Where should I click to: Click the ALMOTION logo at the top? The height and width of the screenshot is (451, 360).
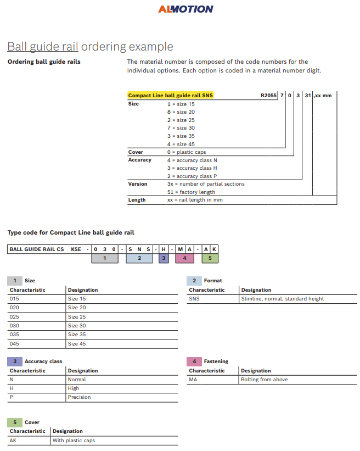[185, 9]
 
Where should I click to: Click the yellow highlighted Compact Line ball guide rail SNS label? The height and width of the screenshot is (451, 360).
[170, 96]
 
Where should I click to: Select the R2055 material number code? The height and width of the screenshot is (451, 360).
[269, 96]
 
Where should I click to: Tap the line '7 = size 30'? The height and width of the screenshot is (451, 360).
[181, 128]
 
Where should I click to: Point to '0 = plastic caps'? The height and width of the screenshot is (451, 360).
[187, 152]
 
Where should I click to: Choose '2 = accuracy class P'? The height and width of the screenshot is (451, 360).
[192, 176]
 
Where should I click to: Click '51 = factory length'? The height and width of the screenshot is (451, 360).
[191, 192]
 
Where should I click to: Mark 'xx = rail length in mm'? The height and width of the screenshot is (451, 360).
[194, 200]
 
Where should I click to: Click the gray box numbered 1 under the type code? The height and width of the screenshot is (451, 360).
[104, 257]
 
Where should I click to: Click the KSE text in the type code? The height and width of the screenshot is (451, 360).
[76, 249]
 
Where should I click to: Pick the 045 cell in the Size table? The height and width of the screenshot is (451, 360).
[14, 344]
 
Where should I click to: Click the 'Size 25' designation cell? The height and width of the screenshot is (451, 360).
[77, 317]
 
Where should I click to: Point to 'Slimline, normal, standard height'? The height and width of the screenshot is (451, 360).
[282, 299]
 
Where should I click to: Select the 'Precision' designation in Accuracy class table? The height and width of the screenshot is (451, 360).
[79, 397]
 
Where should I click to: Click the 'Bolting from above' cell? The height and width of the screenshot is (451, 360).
[264, 380]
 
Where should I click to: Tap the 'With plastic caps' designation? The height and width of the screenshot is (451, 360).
[74, 441]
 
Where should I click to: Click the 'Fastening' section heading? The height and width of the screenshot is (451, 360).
[216, 361]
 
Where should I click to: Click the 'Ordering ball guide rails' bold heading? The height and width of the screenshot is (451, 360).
[44, 62]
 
